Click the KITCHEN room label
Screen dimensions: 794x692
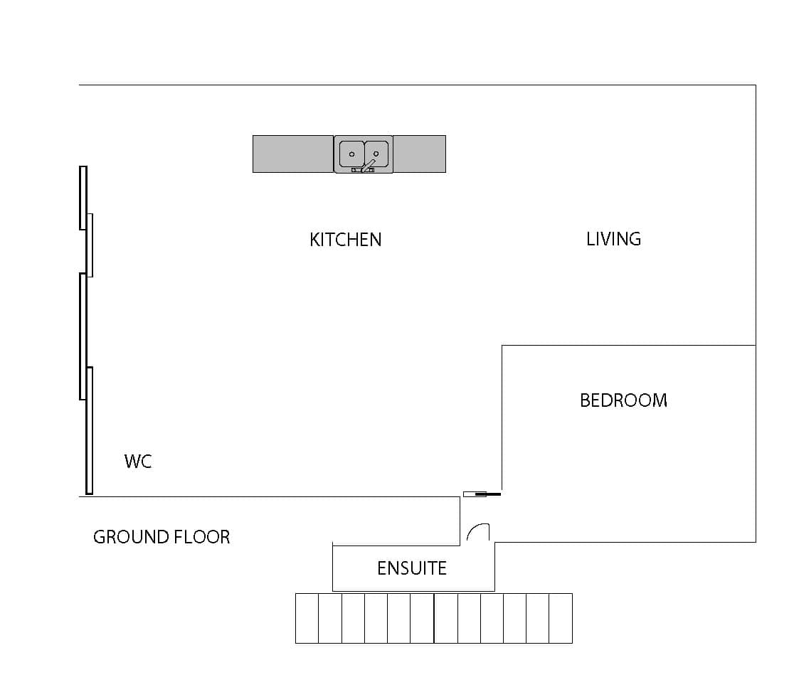point(345,240)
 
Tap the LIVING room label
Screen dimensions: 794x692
point(614,239)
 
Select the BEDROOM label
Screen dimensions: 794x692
point(623,400)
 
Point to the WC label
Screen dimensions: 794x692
point(138,461)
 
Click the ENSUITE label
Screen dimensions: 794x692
point(412,568)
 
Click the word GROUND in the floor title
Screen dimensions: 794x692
point(131,536)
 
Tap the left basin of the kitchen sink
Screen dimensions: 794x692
point(351,154)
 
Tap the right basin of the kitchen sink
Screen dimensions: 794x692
point(376,154)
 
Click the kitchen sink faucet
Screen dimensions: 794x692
point(368,166)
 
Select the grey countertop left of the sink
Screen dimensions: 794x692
point(293,154)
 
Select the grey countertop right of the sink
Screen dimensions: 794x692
point(419,154)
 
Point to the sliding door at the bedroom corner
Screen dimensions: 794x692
point(482,494)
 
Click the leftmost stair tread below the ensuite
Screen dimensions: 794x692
point(307,619)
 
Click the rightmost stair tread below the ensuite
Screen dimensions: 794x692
point(561,619)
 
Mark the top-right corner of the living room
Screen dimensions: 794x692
point(756,85)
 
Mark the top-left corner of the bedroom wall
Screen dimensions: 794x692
point(502,345)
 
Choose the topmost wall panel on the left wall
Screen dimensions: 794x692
point(83,198)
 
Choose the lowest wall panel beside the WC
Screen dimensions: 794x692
point(89,430)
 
